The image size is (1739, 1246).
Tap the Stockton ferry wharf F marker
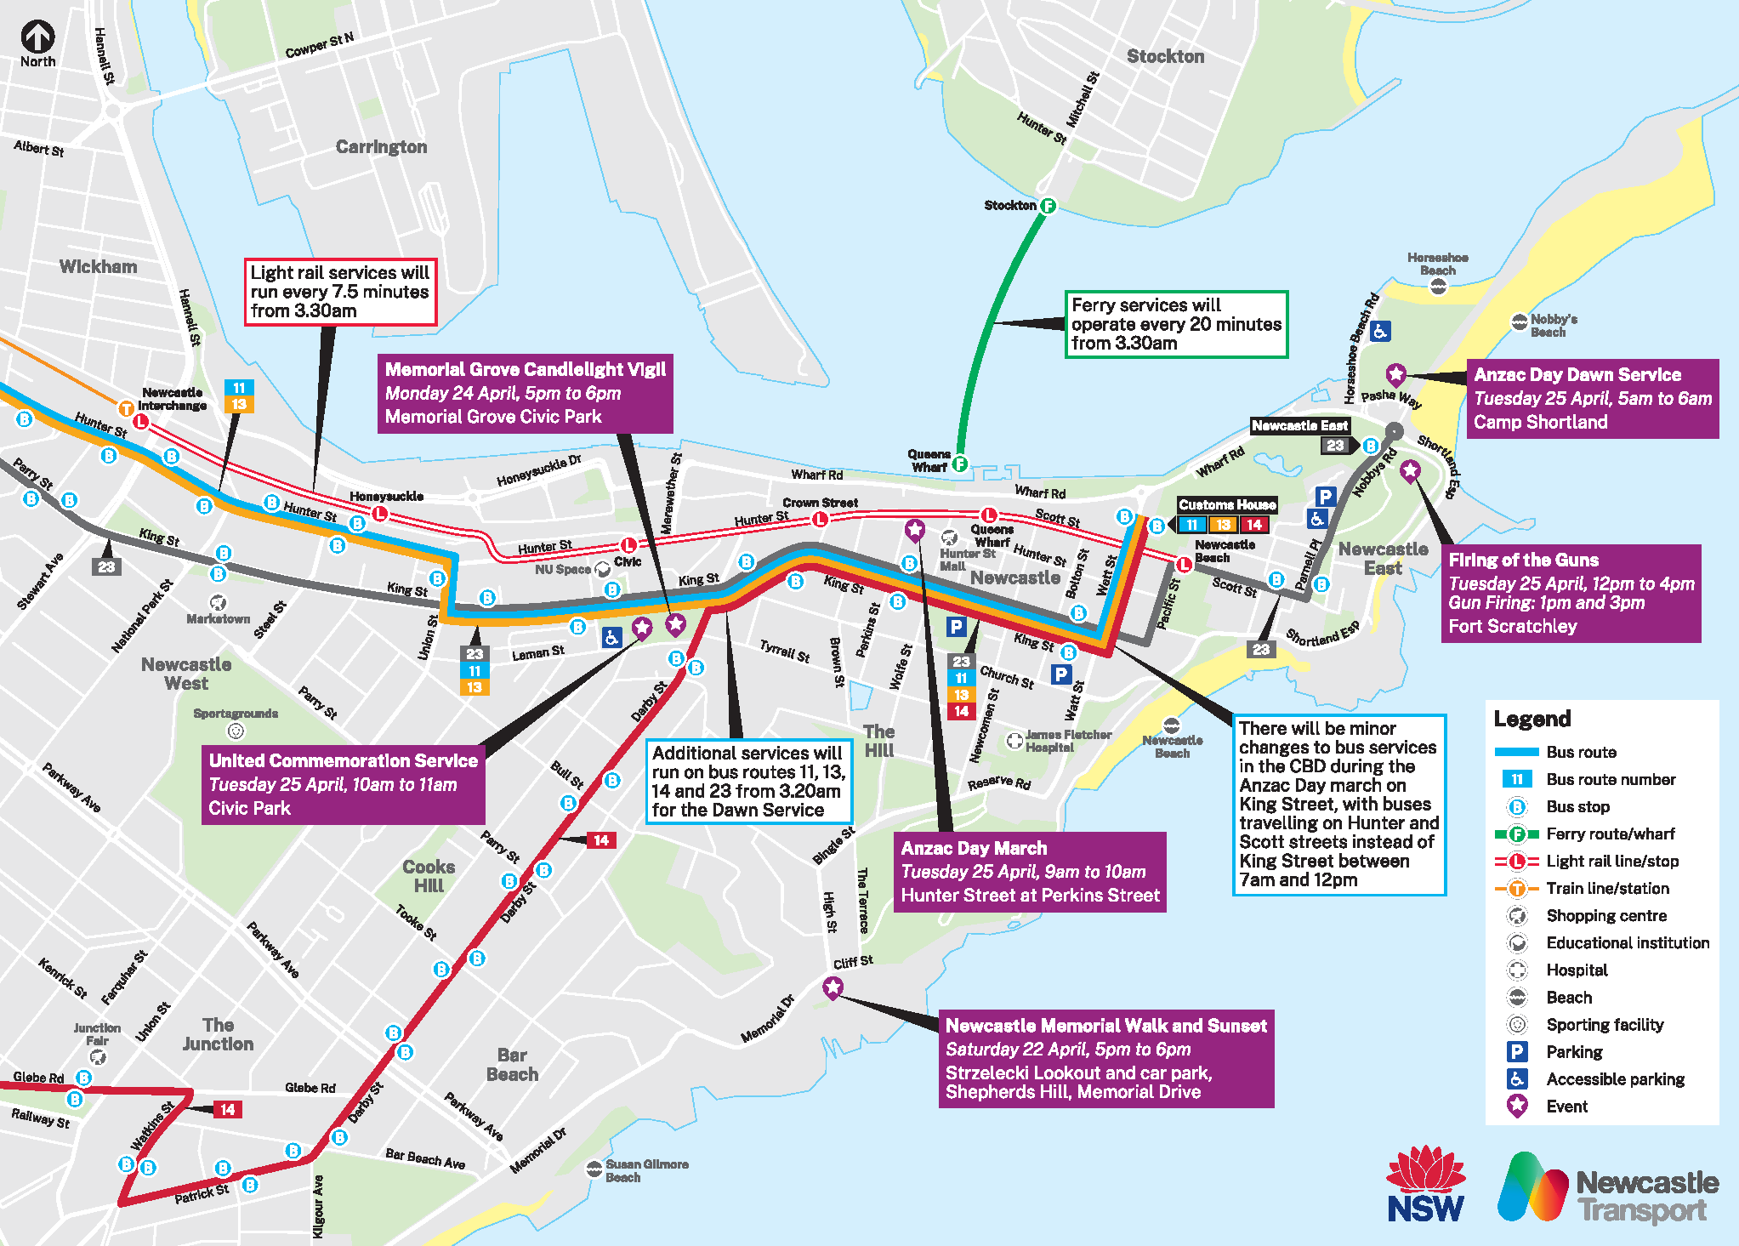[x=1048, y=206]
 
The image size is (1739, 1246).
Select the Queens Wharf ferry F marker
[x=959, y=464]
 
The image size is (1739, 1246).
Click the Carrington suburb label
[x=381, y=147]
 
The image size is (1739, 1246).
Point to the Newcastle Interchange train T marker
[x=126, y=408]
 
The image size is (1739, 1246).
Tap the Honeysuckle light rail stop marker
[x=380, y=514]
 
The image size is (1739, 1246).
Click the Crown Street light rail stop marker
[x=820, y=519]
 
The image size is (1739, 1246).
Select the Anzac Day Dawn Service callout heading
[x=1577, y=375]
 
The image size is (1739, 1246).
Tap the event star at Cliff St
[x=833, y=987]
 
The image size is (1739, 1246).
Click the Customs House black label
[x=1226, y=504]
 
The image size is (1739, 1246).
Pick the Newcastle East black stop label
[x=1299, y=425]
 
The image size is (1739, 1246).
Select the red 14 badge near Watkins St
[x=227, y=1109]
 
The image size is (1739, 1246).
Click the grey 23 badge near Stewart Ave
[x=106, y=566]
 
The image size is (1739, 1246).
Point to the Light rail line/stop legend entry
[x=1611, y=861]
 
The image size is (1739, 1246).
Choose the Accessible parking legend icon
[x=1516, y=1078]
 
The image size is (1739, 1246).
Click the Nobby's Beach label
[x=1553, y=325]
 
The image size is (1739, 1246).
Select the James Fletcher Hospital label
[x=1067, y=741]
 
